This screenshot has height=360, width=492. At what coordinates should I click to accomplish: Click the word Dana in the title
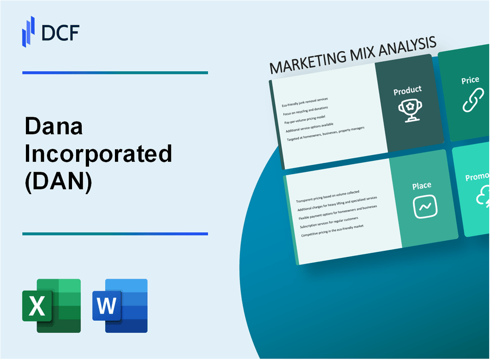pos(54,127)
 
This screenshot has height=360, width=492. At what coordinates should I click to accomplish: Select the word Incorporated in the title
pos(98,154)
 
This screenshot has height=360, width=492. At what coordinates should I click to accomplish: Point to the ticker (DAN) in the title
pos(59,181)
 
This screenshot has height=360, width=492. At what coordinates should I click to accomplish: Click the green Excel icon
pos(51,306)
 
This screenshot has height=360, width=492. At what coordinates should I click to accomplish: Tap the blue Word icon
pos(120,306)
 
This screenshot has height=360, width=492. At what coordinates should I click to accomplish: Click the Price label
pos(470,80)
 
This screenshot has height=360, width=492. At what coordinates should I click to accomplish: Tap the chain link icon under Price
pos(473,101)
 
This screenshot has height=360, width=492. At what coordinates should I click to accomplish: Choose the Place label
pos(422,185)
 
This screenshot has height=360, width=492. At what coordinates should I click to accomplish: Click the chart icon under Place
pos(425,207)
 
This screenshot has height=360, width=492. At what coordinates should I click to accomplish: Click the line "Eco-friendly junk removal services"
pos(305,102)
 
